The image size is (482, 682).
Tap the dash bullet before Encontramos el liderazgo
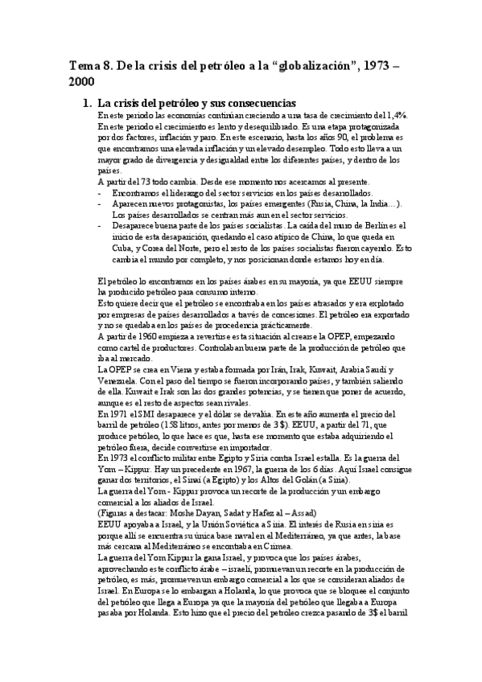[97, 194]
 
